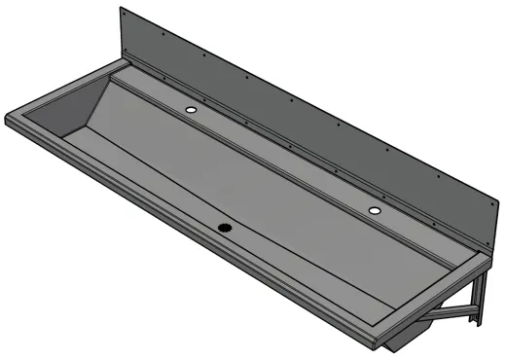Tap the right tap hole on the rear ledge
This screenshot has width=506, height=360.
(375, 209)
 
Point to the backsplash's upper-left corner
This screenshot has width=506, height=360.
(122, 9)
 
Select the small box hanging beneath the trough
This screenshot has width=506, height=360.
(399, 343)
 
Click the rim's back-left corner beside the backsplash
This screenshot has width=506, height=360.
(119, 60)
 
